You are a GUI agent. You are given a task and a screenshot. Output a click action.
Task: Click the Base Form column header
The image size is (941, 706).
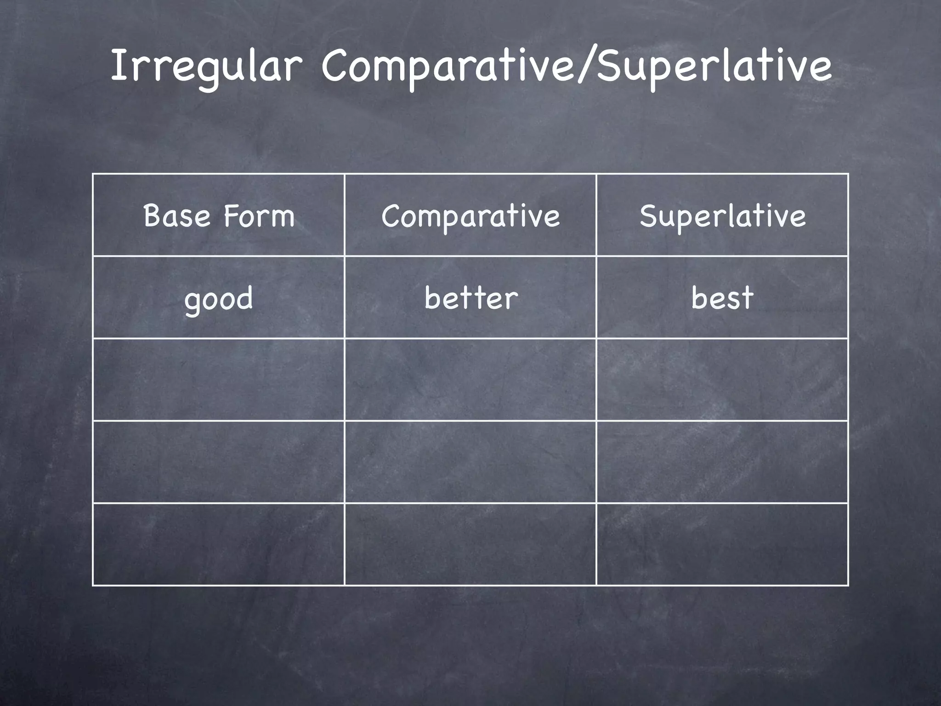point(219,216)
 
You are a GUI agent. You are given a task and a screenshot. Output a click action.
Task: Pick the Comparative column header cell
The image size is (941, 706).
point(470,216)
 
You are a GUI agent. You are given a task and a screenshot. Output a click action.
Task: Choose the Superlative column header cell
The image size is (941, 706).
point(722,216)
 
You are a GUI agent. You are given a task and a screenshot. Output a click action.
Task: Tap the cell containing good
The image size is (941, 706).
point(219,298)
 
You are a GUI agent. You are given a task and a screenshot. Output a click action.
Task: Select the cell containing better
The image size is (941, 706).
point(470,298)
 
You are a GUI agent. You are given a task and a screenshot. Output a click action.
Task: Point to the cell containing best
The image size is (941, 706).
point(722,298)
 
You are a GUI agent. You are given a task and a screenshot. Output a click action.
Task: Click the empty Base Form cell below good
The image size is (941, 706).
point(219,380)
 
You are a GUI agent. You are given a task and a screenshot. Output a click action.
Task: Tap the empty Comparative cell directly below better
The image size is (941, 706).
point(470,380)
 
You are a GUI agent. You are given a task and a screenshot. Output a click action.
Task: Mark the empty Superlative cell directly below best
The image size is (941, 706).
point(722,380)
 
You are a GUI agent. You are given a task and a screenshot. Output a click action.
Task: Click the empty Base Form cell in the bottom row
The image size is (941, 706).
point(219,544)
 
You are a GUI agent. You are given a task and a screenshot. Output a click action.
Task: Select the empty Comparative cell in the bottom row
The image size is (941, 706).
point(470,544)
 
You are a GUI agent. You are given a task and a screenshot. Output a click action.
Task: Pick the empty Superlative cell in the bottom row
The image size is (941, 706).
point(722,544)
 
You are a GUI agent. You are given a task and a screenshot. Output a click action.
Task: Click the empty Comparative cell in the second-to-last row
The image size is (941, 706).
point(470,462)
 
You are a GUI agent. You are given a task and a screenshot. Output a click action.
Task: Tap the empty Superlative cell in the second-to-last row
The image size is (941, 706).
point(722,462)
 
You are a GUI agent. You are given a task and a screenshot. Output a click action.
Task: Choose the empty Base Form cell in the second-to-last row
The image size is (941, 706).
point(219,462)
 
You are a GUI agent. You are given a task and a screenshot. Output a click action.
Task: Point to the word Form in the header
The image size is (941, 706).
point(259,216)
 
